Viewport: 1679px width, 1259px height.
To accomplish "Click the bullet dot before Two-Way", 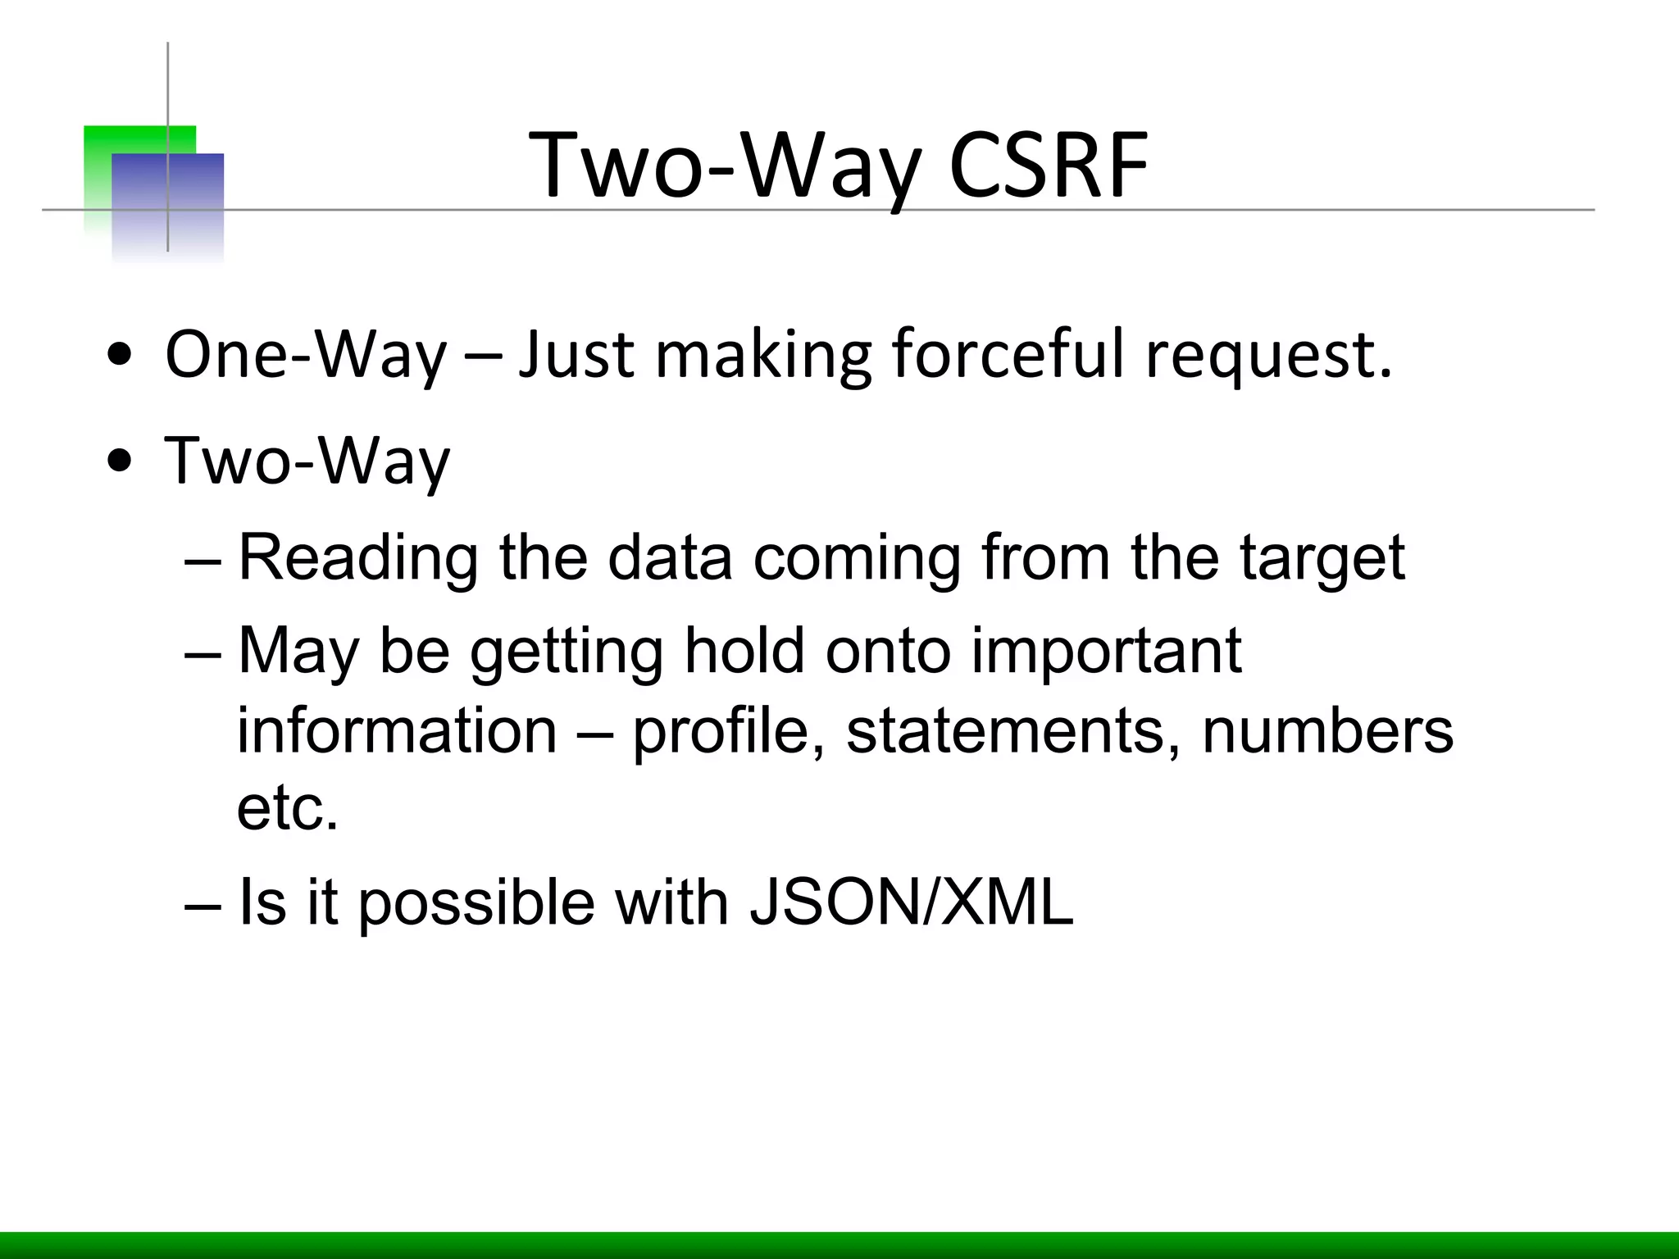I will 120,461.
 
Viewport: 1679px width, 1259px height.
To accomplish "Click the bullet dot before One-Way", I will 120,357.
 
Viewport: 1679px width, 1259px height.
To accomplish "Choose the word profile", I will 727,732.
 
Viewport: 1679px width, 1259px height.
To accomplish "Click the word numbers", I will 1327,732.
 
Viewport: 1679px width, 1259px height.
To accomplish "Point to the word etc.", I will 287,810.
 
